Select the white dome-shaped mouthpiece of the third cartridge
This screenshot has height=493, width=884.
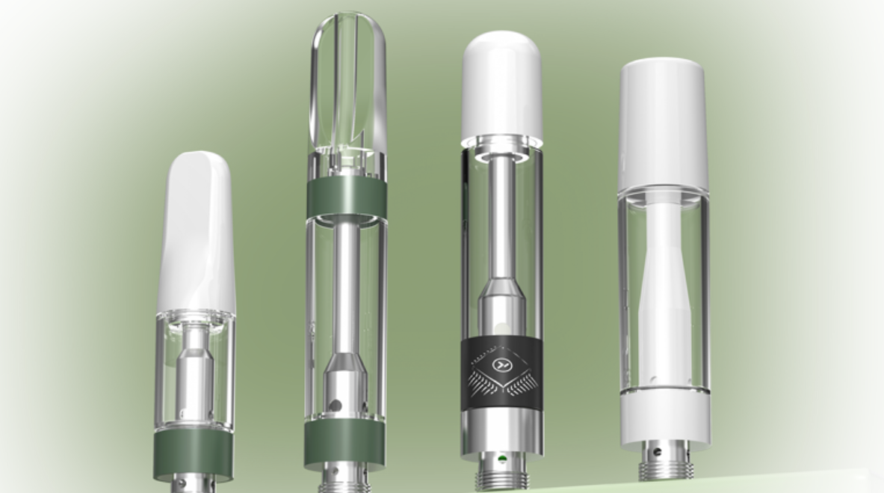502,86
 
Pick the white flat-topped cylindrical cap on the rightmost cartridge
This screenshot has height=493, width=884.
663,123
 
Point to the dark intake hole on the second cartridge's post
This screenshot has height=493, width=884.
336,405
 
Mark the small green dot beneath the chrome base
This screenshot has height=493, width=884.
502,458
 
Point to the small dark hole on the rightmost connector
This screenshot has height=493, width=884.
656,450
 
